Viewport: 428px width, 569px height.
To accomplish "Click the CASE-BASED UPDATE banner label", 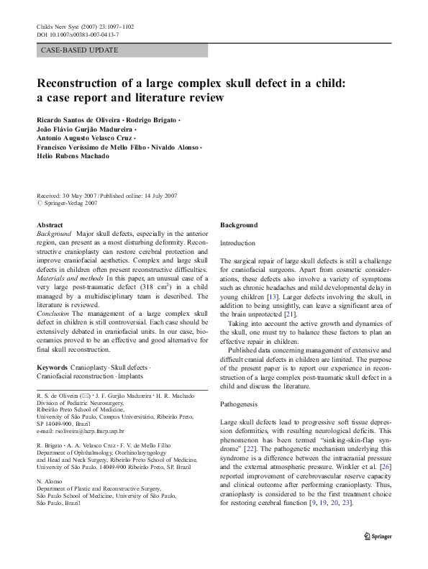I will point(80,50).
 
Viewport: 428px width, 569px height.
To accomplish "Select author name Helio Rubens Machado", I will point(76,156).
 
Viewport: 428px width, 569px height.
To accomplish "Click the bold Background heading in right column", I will point(238,225).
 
